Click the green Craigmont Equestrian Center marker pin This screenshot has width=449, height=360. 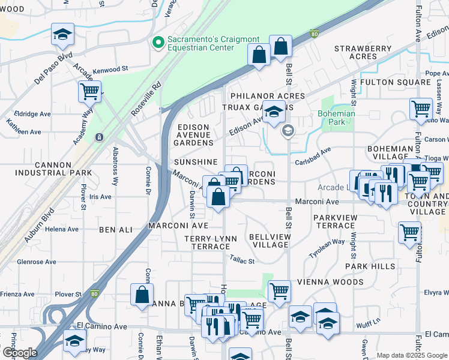(x=158, y=42)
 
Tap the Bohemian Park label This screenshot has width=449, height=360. (x=337, y=118)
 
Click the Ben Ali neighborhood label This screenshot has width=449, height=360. (x=115, y=230)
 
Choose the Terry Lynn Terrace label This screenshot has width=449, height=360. (x=210, y=242)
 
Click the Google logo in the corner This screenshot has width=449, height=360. (x=19, y=352)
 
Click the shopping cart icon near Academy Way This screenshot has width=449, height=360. (x=90, y=92)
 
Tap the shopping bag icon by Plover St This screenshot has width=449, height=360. (x=141, y=295)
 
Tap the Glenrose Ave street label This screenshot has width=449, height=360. (x=37, y=262)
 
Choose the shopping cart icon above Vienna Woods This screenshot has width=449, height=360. (x=279, y=291)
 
